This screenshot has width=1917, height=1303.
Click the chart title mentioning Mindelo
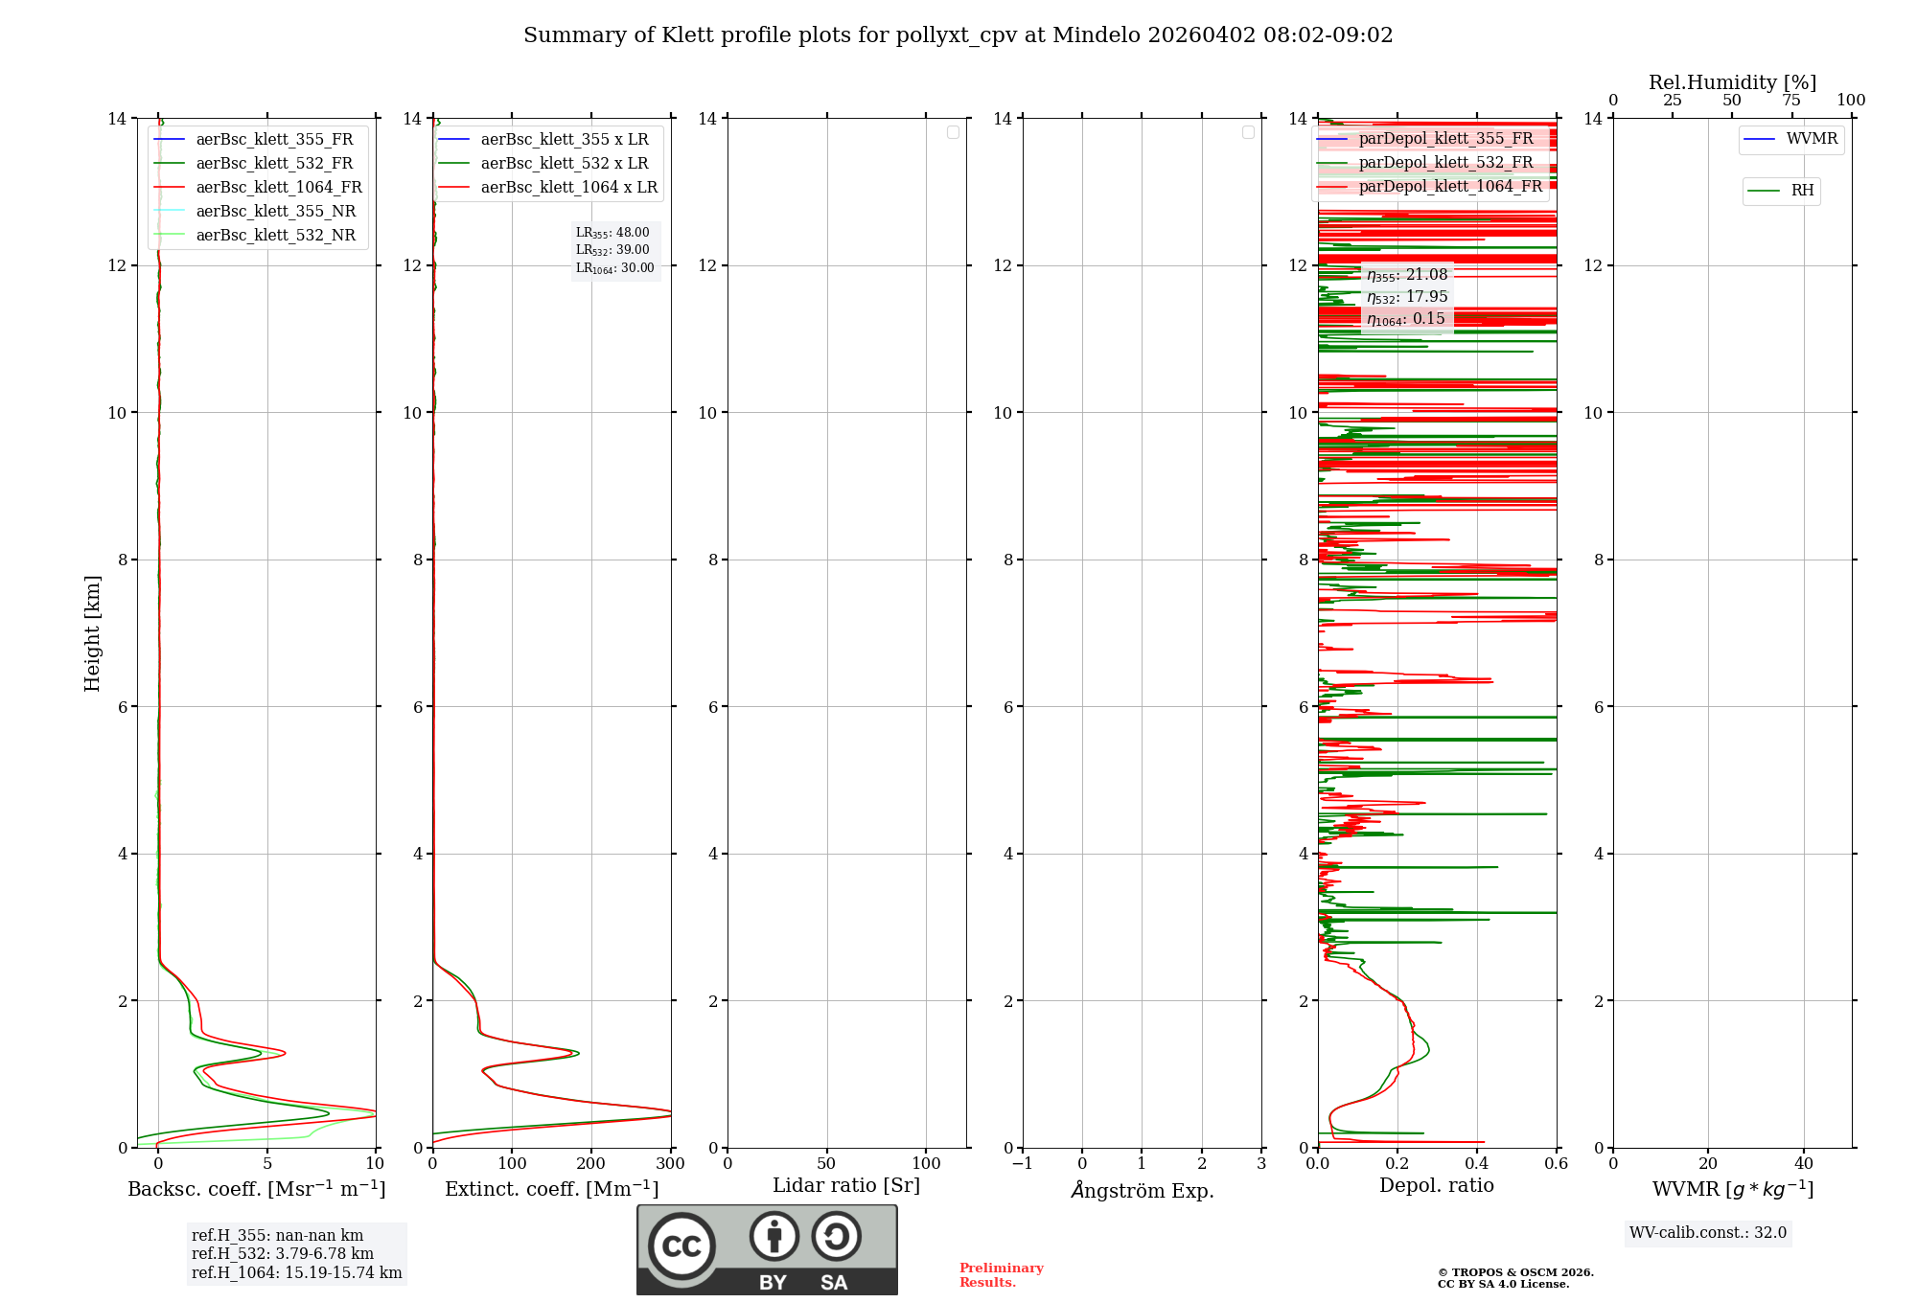958,35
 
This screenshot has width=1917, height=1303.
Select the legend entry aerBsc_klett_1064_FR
278,188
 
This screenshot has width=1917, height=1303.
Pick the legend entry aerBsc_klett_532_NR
275,236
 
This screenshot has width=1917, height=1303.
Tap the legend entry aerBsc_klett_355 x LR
564,140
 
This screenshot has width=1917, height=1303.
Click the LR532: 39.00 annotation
612,250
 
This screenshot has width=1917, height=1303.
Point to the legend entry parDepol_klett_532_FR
1445,163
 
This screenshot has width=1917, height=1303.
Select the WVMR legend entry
1811,140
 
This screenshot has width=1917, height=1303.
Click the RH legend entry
1801,191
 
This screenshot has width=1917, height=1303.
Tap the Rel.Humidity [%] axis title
1732,82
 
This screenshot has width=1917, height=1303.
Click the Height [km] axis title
92,632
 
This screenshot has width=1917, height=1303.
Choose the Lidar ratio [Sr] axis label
846,1186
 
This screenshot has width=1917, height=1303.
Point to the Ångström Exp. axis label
1143,1191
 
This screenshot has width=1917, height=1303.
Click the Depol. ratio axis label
1436,1186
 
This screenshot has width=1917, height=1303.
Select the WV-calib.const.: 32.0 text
1708,1233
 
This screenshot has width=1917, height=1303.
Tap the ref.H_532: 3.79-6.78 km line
283,1254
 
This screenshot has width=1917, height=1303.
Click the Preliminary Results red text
1001,1275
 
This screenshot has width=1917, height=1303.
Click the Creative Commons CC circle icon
681,1246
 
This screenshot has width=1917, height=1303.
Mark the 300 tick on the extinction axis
671,1164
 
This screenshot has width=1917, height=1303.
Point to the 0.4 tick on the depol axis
1477,1164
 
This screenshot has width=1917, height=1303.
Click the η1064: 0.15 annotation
1406,319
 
